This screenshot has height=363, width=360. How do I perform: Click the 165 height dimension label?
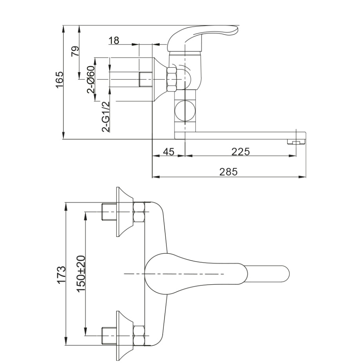click(x=59, y=80)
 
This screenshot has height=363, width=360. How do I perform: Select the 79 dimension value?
click(x=75, y=51)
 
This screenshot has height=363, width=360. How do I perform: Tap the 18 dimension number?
click(x=114, y=40)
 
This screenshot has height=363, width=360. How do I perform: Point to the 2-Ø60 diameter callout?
click(x=91, y=79)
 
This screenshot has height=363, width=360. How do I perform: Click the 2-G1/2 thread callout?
click(x=106, y=116)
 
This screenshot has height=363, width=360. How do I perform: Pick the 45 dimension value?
click(x=168, y=152)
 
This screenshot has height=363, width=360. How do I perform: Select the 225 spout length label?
click(x=241, y=152)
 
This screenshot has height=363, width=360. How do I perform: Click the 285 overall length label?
click(x=228, y=172)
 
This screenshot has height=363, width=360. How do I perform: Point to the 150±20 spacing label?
click(x=81, y=274)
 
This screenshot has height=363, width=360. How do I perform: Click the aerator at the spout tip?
click(x=297, y=142)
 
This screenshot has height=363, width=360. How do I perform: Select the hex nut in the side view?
click(x=172, y=79)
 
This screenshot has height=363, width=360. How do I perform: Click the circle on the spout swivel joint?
click(x=185, y=110)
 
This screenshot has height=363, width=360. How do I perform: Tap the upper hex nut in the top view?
click(x=139, y=212)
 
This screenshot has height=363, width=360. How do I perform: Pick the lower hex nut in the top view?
click(x=139, y=336)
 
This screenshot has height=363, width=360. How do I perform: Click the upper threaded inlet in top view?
click(x=109, y=212)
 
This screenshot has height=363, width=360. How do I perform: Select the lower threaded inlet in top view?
click(x=109, y=336)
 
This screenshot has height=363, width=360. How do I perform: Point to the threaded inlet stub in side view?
click(x=145, y=79)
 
